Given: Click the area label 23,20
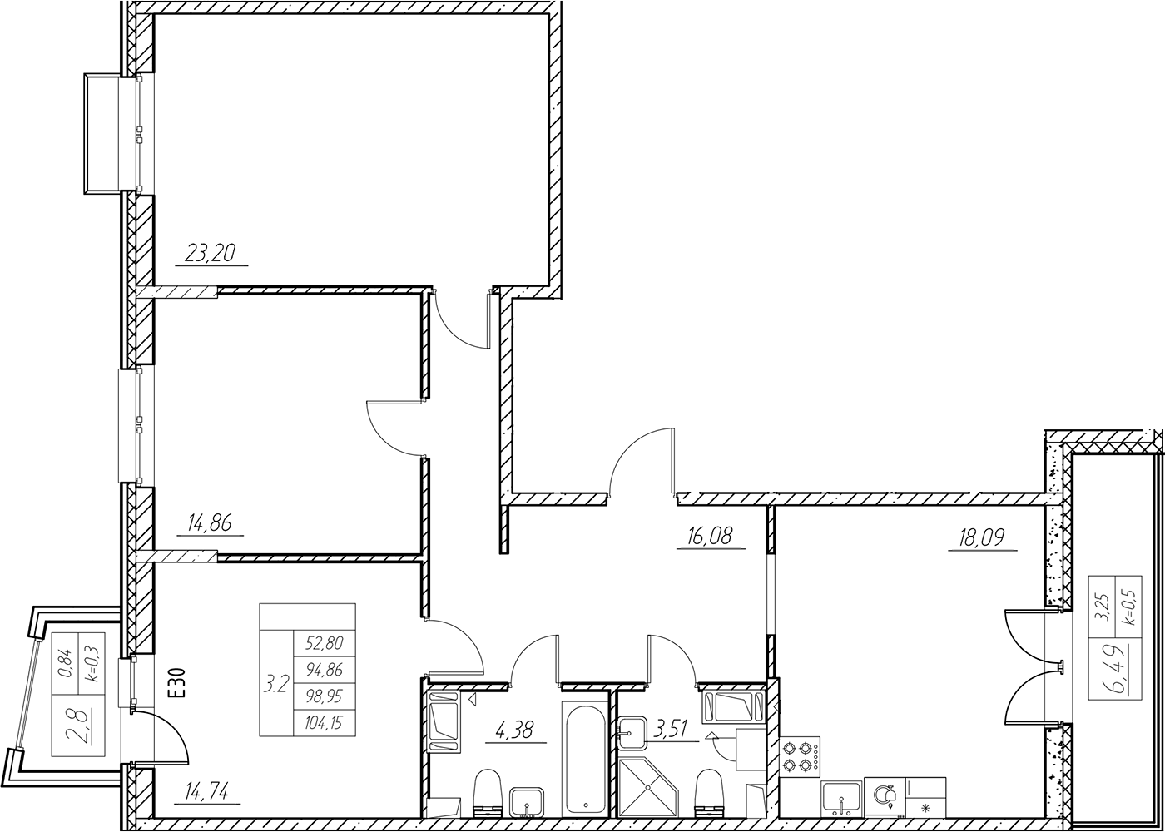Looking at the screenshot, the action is click(x=211, y=253).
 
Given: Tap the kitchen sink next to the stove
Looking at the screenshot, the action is click(x=841, y=799).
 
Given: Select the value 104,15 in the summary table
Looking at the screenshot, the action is click(x=325, y=723).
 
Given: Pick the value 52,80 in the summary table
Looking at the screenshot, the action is click(x=325, y=643).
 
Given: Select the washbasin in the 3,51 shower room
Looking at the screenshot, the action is click(x=632, y=734).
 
